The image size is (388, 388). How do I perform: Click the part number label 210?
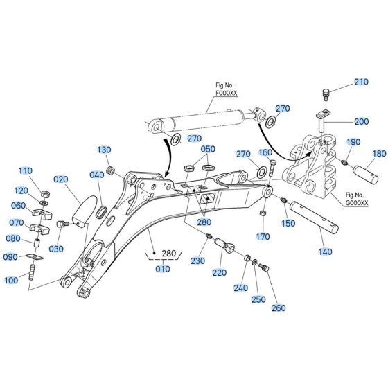coord(361,82)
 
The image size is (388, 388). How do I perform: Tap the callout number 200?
coord(361,122)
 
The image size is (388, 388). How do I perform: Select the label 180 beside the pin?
coord(380,154)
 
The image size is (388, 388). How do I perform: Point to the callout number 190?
coord(353,142)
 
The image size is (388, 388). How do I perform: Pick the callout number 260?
coord(278,308)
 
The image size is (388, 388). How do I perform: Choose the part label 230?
coord(199,261)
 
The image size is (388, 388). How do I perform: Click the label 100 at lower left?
coord(30,281)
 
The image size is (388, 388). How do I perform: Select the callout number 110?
coord(25,171)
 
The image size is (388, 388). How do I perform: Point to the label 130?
coord(104,150)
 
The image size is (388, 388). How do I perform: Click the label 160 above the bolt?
coord(266,152)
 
